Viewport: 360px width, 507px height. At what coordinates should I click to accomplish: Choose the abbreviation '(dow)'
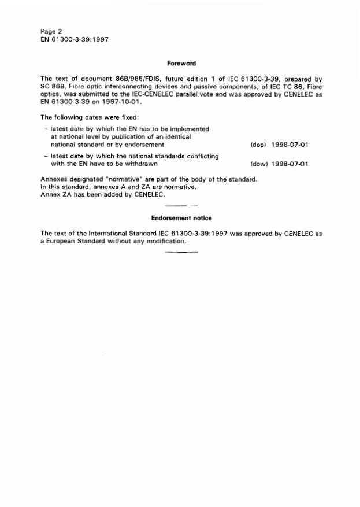(x=258, y=164)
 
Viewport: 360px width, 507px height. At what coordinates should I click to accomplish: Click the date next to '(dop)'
(x=290, y=145)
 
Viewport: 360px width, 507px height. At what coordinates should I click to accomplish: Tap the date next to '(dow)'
(x=290, y=164)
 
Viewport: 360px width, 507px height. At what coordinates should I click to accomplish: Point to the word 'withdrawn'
(x=139, y=164)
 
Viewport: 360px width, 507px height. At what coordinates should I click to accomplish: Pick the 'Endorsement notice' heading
(x=181, y=218)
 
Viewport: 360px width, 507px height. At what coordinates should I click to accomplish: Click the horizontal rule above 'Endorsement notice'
(x=181, y=206)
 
